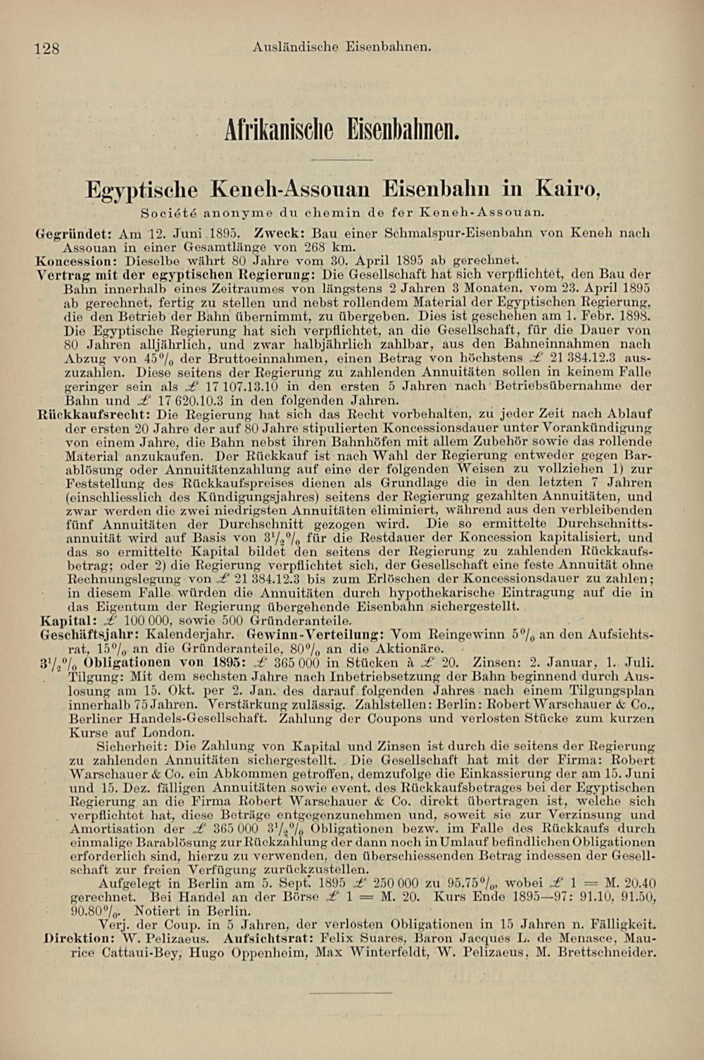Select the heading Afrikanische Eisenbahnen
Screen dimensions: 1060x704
click(x=342, y=127)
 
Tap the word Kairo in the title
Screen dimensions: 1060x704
click(x=567, y=189)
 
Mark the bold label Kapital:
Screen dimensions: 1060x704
click(x=68, y=621)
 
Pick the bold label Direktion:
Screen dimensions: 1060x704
click(x=75, y=938)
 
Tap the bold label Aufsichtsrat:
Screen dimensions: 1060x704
click(x=268, y=938)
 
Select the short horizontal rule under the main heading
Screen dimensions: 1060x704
click(x=343, y=160)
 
